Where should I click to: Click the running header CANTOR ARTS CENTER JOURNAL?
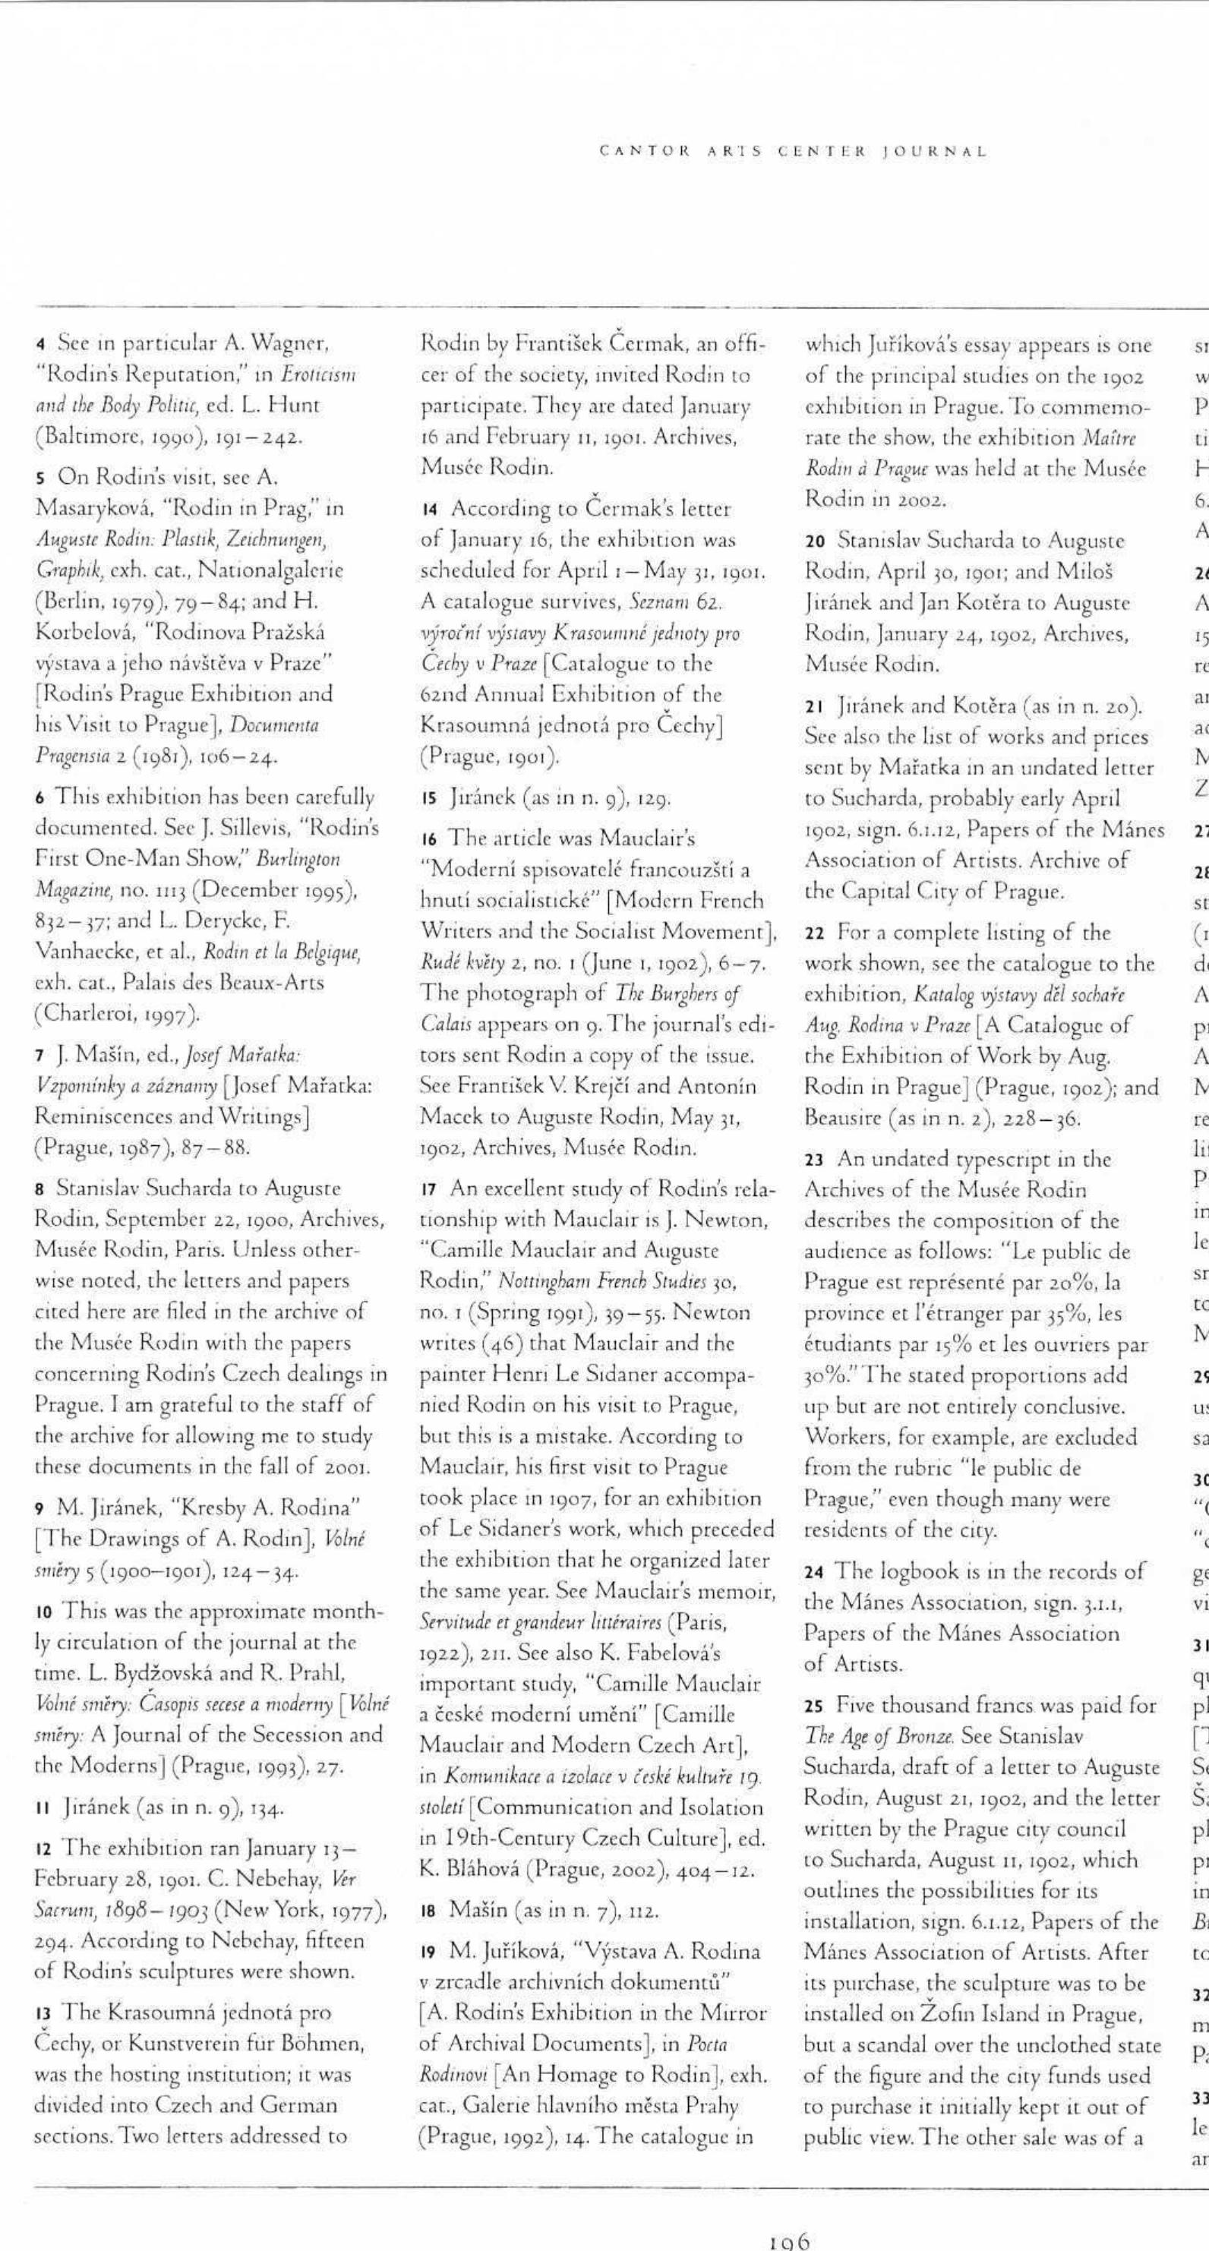[793, 151]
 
